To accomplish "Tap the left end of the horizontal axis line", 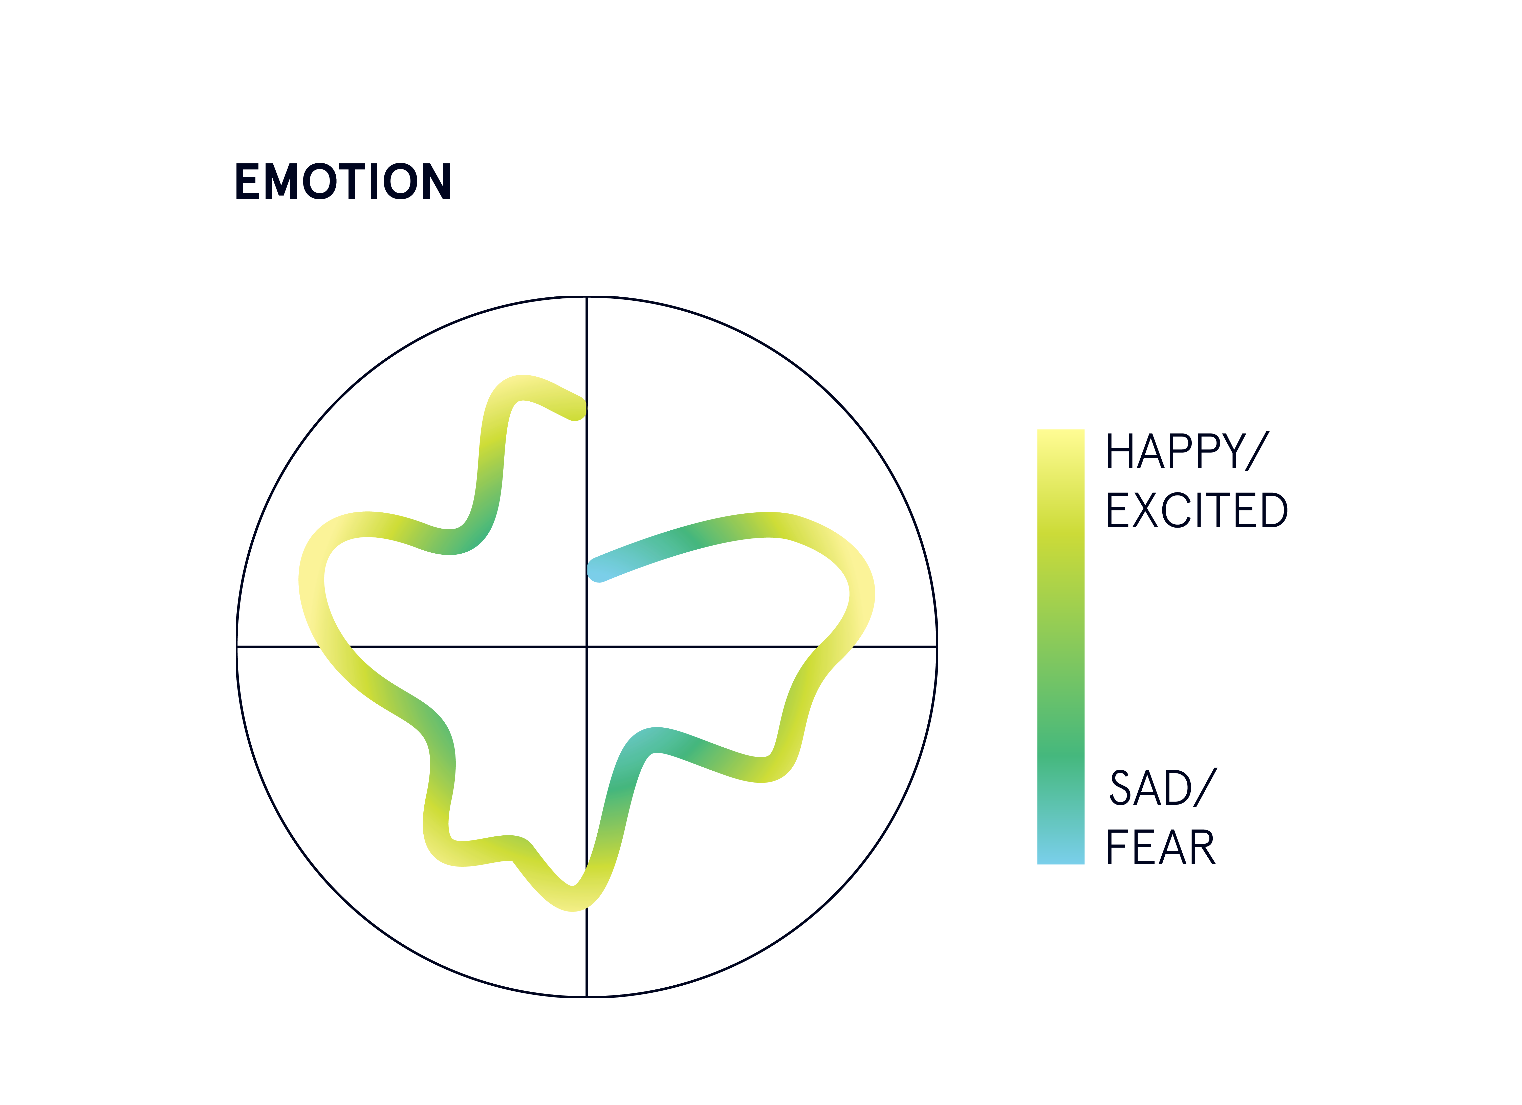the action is (x=237, y=647).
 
